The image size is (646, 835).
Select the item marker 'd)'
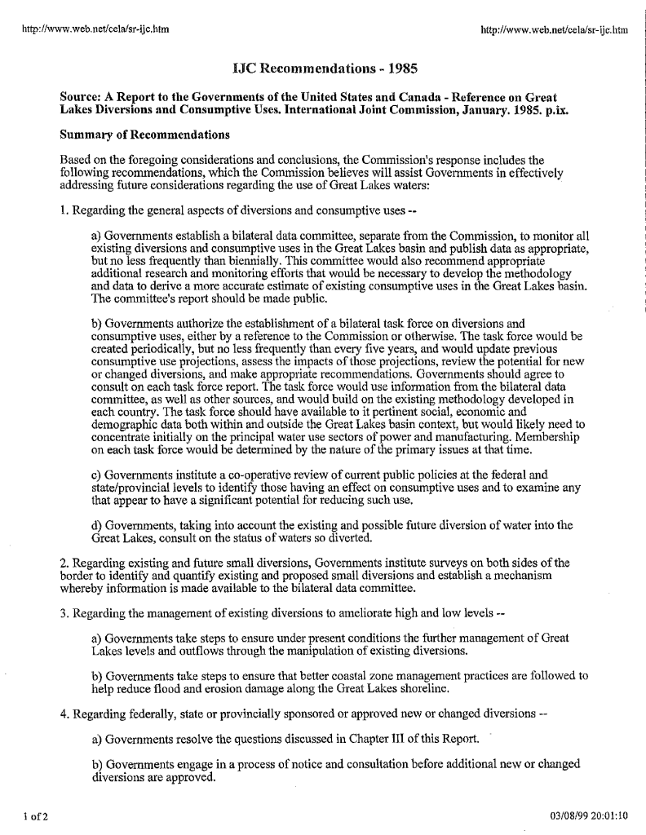pyautogui.click(x=98, y=525)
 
